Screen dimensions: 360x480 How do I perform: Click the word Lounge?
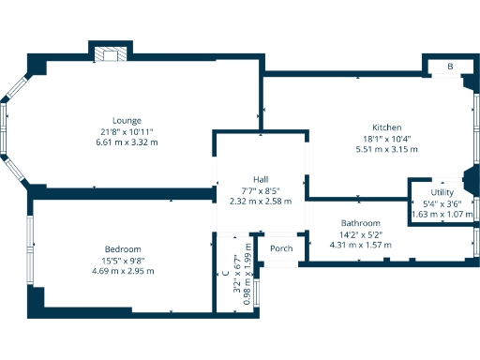[127, 120]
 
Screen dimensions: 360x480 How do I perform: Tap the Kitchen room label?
[386, 127]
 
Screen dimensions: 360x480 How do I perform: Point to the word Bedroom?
[123, 248]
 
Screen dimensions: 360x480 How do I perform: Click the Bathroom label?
[359, 222]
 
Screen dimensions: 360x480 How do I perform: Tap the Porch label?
[281, 248]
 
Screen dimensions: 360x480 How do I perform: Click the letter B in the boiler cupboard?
[450, 67]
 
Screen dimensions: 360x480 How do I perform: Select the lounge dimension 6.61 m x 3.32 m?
[127, 142]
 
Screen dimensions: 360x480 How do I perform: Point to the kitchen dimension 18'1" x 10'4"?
[386, 139]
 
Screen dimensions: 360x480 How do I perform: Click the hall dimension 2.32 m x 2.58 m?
[261, 201]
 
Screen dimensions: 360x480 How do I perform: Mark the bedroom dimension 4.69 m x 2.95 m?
[123, 271]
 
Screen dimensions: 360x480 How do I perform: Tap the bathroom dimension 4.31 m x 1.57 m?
[360, 245]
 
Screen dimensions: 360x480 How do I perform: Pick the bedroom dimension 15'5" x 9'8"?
[123, 260]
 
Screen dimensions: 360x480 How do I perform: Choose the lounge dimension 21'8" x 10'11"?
[127, 131]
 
